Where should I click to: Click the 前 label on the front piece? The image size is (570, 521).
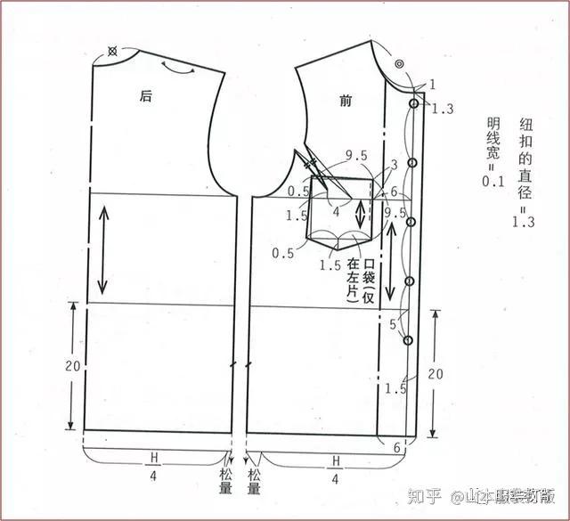(x=346, y=101)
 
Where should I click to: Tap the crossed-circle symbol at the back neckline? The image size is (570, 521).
(x=112, y=52)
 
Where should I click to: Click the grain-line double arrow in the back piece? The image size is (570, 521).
(x=103, y=248)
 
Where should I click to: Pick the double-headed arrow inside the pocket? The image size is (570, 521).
(x=359, y=212)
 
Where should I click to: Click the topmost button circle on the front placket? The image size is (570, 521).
(x=414, y=104)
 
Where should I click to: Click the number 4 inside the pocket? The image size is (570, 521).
(x=336, y=211)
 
